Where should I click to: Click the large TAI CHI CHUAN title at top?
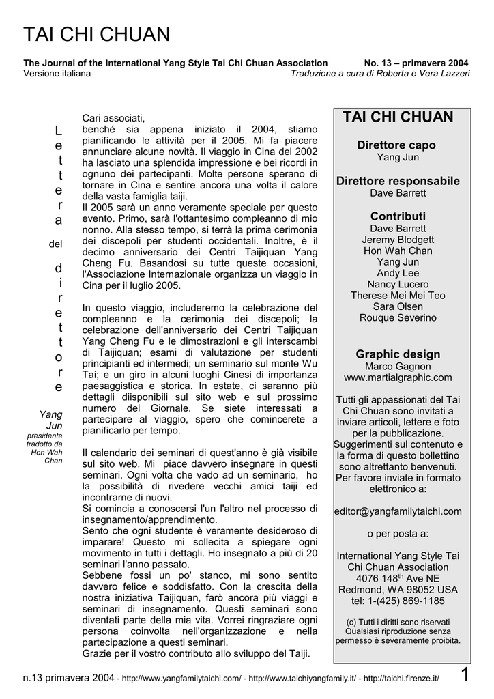pyautogui.click(x=97, y=34)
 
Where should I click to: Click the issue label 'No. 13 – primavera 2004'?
pyautogui.click(x=418, y=63)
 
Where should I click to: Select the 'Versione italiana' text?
pyautogui.click(x=57, y=73)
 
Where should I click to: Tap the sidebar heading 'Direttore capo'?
pyautogui.click(x=396, y=145)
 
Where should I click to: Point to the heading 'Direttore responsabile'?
pyautogui.click(x=398, y=181)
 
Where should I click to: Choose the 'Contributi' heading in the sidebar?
pyautogui.click(x=398, y=216)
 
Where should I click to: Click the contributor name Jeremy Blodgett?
pyautogui.click(x=398, y=240)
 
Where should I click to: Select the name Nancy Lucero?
pyautogui.click(x=398, y=284)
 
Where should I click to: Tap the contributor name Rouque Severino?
pyautogui.click(x=398, y=317)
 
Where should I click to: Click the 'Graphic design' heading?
pyautogui.click(x=398, y=354)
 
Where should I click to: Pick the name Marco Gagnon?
pyautogui.click(x=398, y=367)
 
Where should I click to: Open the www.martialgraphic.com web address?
pyautogui.click(x=398, y=377)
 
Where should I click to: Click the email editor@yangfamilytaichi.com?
pyautogui.click(x=398, y=511)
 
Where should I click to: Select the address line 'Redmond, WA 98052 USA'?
pyautogui.click(x=398, y=589)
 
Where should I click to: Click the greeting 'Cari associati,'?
pyautogui.click(x=114, y=118)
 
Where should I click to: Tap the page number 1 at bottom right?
pyautogui.click(x=465, y=676)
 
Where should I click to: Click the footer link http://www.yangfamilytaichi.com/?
pyautogui.click(x=182, y=678)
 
